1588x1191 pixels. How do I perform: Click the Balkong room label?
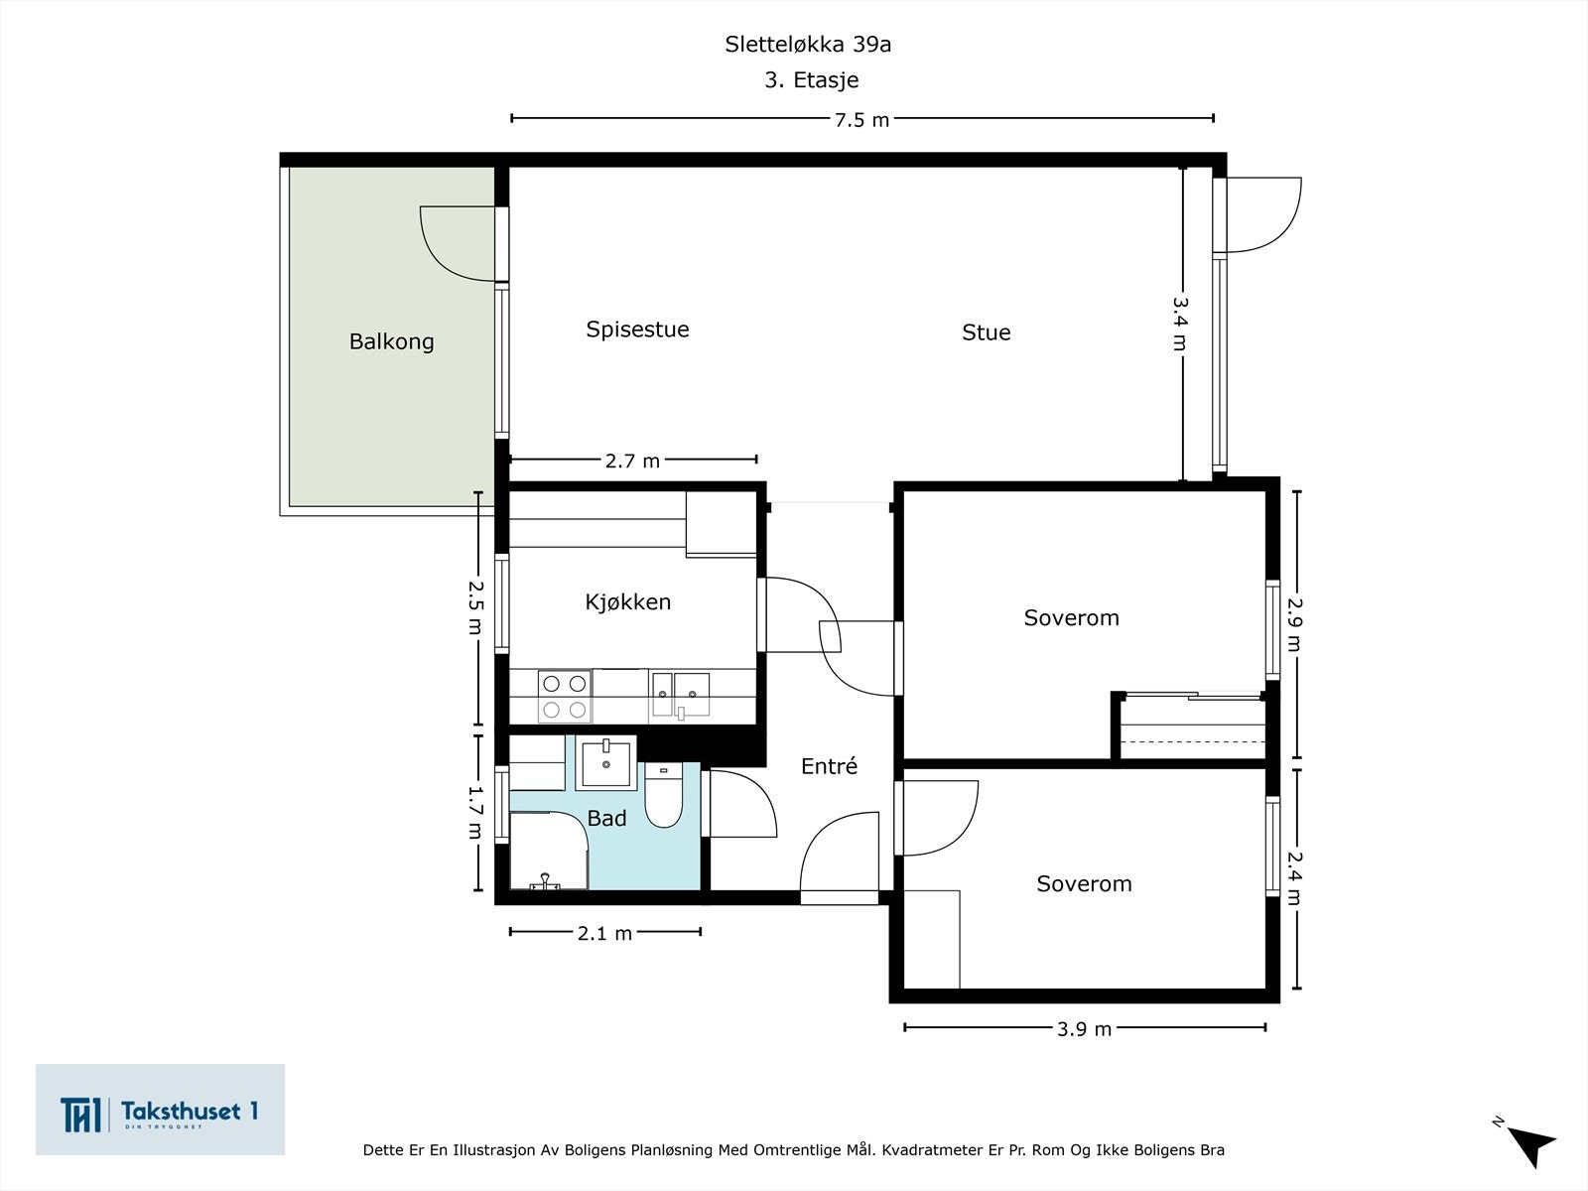click(x=391, y=341)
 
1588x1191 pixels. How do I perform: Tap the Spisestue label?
click(x=637, y=330)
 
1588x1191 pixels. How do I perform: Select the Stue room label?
click(x=986, y=332)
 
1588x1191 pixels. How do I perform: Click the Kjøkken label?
click(x=627, y=601)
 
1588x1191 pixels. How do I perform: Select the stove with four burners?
click(x=564, y=696)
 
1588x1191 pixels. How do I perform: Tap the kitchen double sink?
click(x=680, y=693)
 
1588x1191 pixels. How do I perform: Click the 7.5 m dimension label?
click(x=861, y=120)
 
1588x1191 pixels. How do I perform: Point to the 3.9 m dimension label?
click(x=1084, y=1029)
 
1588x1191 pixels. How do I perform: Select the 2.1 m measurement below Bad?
click(x=604, y=933)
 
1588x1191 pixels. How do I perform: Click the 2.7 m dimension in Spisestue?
click(x=632, y=461)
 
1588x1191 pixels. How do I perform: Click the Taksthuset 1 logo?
click(x=160, y=1111)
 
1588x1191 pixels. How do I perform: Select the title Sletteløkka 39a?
click(x=808, y=45)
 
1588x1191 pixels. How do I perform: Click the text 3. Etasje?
click(x=811, y=80)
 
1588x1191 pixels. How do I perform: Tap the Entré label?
click(x=829, y=766)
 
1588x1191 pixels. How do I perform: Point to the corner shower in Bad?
click(x=547, y=852)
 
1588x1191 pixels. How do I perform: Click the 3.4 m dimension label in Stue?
click(x=1180, y=323)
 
